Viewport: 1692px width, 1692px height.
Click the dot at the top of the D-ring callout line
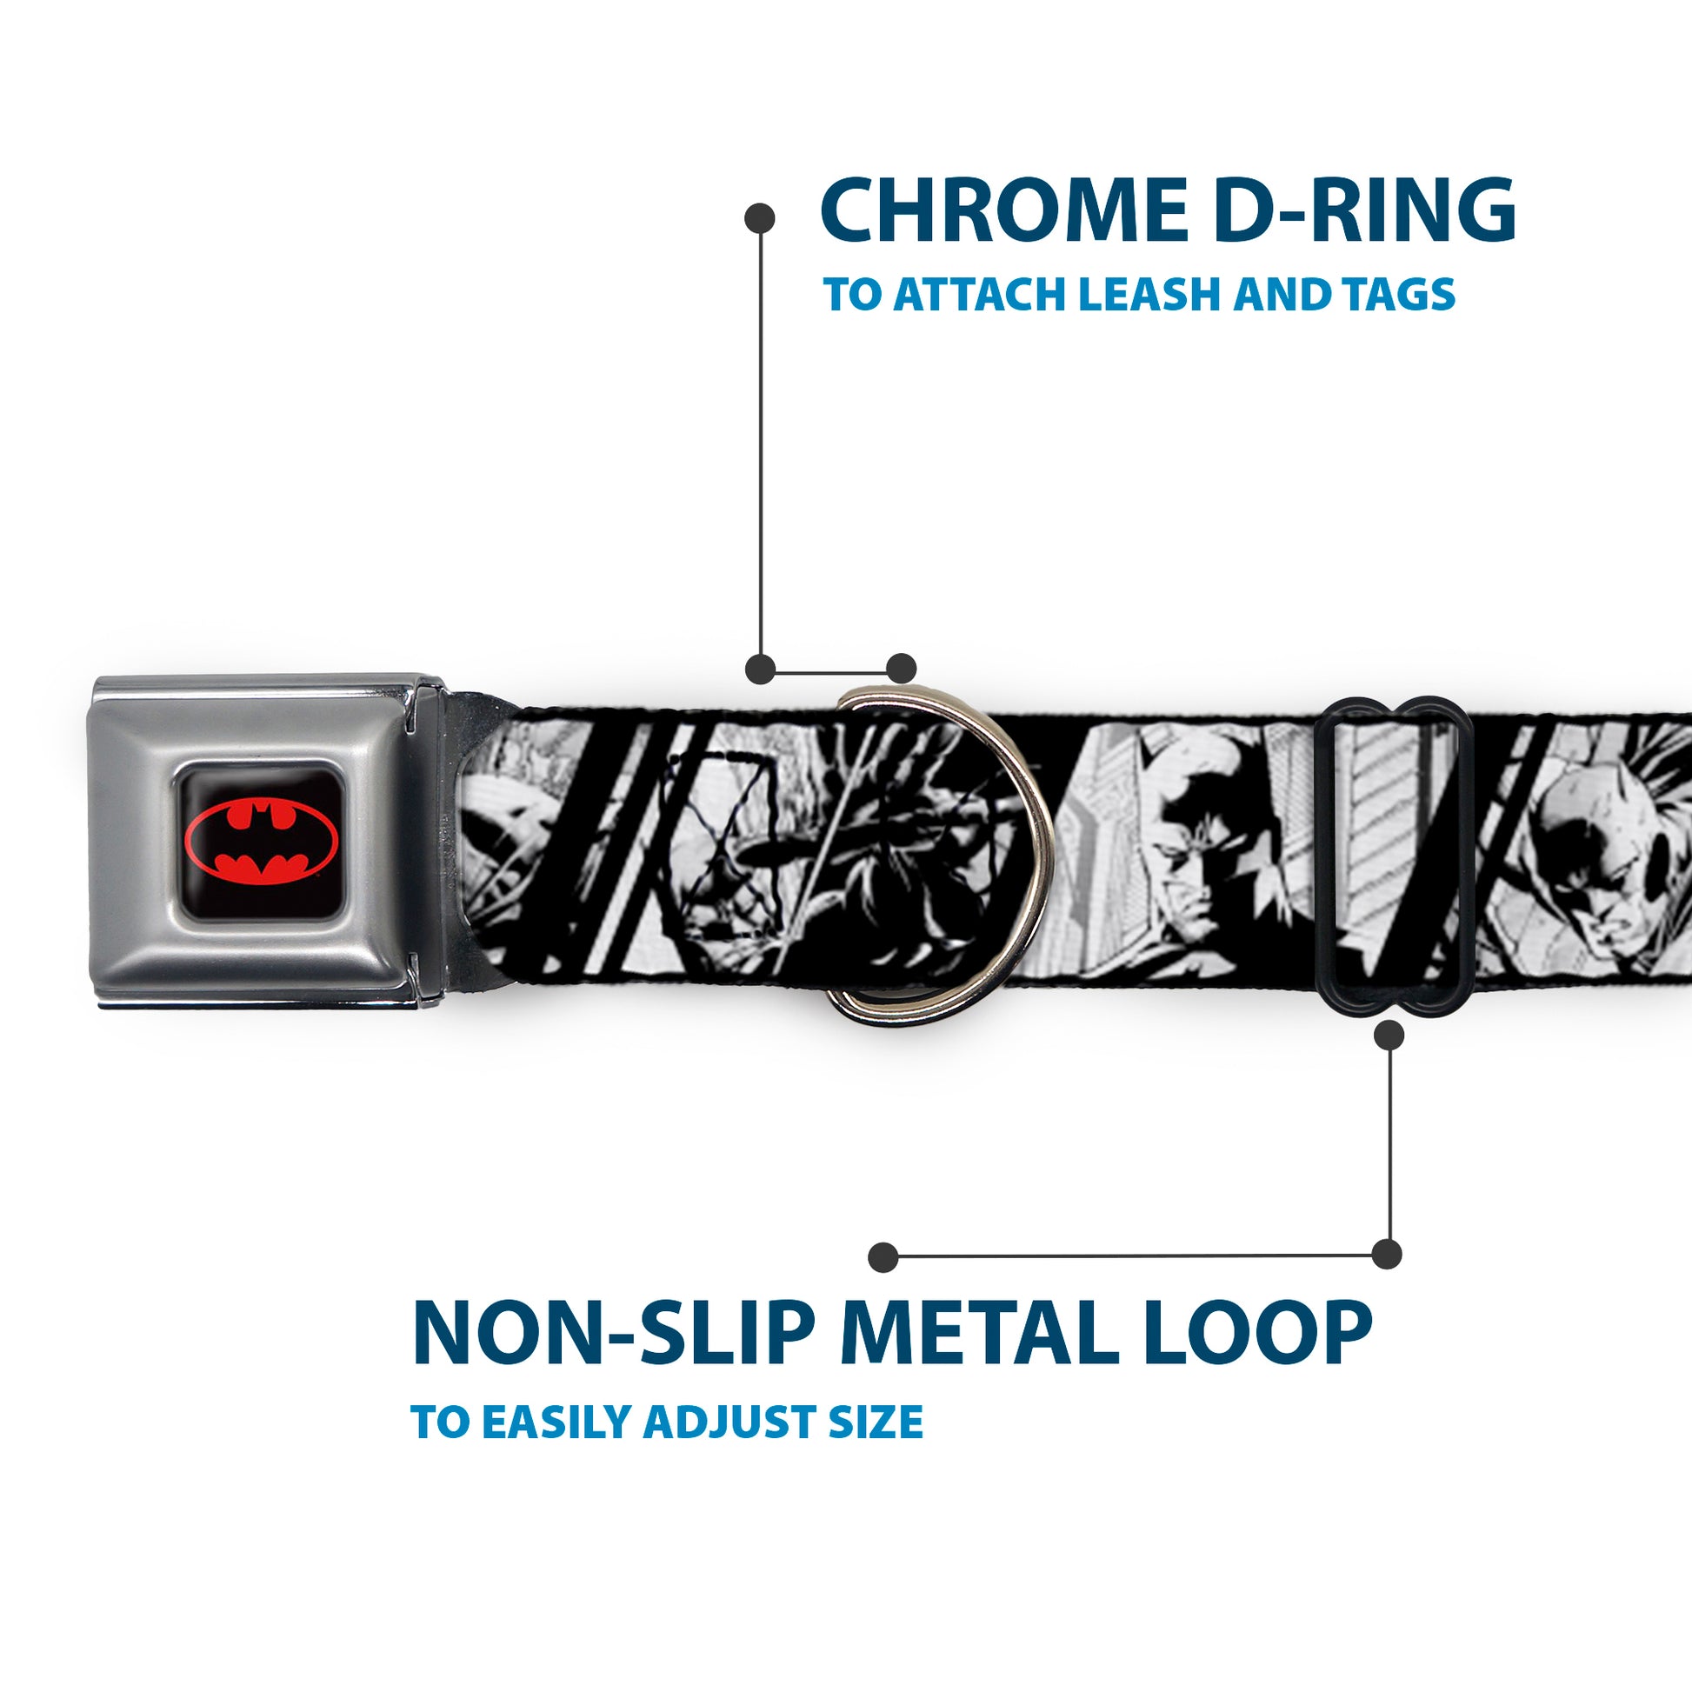coord(759,218)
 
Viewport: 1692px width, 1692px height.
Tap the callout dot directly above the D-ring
coord(901,669)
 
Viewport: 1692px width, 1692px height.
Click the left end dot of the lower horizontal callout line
coord(883,1256)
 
